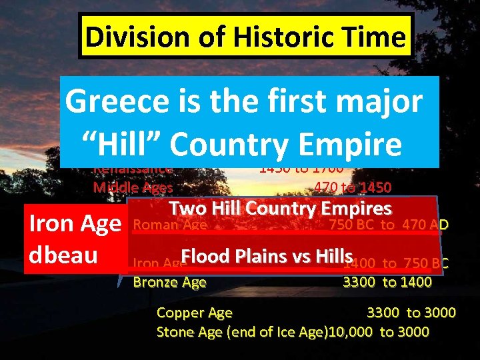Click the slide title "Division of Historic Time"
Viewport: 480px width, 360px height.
click(x=245, y=37)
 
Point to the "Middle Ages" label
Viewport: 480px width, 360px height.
click(x=133, y=187)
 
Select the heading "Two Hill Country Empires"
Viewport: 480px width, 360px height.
click(x=279, y=208)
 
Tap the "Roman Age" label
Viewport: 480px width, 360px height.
click(x=170, y=225)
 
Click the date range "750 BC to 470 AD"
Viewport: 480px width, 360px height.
click(x=388, y=225)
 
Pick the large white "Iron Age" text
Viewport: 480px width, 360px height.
click(x=75, y=223)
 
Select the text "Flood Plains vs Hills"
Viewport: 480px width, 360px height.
click(x=266, y=256)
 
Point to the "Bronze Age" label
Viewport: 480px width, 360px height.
click(x=169, y=282)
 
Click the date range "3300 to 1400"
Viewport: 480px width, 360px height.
click(x=387, y=282)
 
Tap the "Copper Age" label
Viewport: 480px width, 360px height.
click(x=194, y=313)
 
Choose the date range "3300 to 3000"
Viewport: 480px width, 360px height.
click(x=411, y=313)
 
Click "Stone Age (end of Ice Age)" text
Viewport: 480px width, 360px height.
click(x=241, y=332)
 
